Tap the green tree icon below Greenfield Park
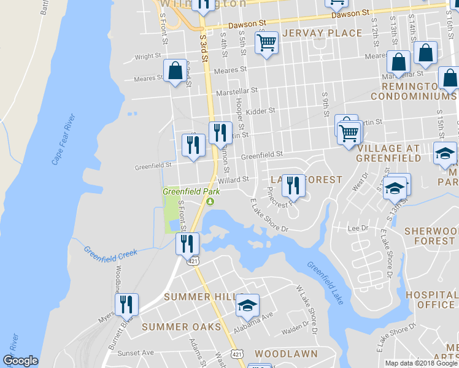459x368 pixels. (210, 201)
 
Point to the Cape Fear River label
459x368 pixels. (63, 139)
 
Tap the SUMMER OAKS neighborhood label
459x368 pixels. (181, 327)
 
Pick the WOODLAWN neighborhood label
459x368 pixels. (286, 354)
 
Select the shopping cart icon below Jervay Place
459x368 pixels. (266, 43)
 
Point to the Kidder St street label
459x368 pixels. (260, 112)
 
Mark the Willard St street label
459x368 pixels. (233, 180)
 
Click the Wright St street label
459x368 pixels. (147, 56)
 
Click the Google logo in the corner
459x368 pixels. (20, 361)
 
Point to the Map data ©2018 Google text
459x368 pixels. (421, 363)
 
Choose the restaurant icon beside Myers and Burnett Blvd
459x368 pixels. (126, 303)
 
